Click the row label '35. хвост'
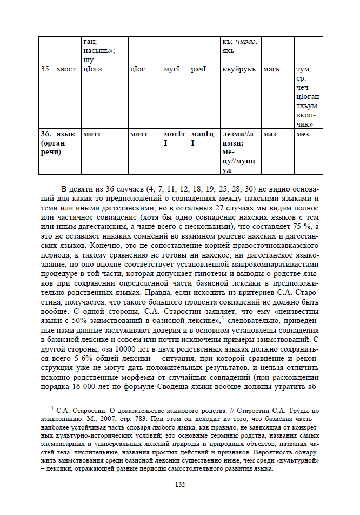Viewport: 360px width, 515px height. coord(58,70)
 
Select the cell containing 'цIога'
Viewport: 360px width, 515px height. coord(92,70)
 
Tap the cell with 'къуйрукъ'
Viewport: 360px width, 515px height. coord(238,70)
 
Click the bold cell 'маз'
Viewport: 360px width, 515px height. coord(270,134)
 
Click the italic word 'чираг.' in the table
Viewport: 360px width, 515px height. coord(247,41)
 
